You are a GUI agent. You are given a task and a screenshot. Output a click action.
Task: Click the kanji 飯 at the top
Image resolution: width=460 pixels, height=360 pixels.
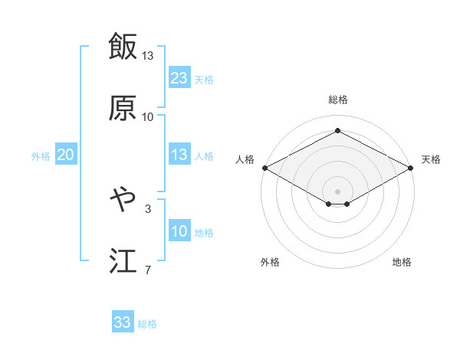point(123,46)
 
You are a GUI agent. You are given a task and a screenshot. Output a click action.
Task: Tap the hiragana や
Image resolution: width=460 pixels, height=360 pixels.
point(123,200)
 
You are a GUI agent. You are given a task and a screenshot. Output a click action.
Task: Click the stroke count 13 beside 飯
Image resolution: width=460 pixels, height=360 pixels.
point(148,56)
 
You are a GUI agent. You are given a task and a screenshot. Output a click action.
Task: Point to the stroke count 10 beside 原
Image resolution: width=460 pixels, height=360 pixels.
point(148,117)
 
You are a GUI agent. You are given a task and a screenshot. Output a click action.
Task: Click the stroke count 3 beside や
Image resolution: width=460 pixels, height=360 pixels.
point(148,208)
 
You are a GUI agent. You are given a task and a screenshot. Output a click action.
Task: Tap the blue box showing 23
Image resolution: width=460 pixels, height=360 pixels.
point(179,78)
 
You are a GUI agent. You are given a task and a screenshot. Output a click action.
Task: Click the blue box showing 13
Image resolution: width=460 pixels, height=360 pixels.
point(179,155)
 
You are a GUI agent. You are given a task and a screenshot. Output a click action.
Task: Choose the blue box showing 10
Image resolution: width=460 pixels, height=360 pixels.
point(179,231)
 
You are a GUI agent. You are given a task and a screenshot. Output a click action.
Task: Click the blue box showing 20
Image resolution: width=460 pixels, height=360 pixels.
point(65,155)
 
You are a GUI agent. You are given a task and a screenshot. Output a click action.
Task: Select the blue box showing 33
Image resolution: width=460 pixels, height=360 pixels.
point(123,322)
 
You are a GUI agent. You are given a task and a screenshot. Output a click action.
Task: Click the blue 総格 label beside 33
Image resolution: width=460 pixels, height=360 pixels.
point(147,324)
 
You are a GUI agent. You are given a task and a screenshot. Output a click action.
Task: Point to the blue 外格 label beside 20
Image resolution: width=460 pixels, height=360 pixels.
point(41,156)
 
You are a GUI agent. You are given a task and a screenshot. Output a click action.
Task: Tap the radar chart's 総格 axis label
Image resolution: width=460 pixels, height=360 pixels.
point(338,100)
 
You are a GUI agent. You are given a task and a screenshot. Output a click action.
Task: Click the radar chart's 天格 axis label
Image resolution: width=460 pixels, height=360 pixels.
point(431,159)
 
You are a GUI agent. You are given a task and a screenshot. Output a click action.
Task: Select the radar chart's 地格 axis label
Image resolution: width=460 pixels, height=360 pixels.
point(402,262)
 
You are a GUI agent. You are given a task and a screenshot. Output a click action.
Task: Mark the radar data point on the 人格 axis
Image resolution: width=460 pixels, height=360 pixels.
point(264,168)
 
